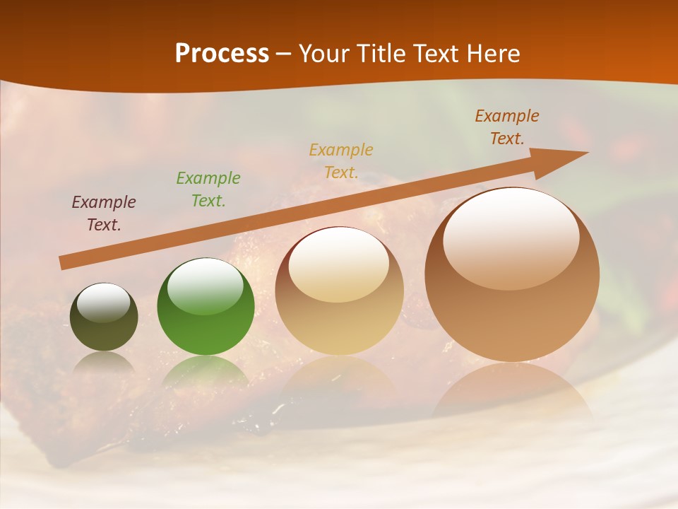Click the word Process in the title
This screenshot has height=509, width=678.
[222, 54]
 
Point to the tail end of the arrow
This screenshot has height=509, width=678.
[64, 262]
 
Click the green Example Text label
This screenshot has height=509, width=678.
[208, 189]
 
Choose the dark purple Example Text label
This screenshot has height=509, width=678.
[104, 213]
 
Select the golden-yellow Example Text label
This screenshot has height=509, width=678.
[341, 160]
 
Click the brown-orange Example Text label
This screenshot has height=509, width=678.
[507, 127]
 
